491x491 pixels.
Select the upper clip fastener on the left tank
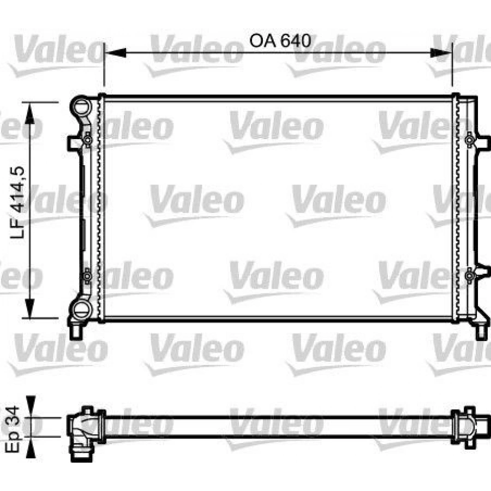[x=87, y=141]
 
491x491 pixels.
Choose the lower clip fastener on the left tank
[x=87, y=277]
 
